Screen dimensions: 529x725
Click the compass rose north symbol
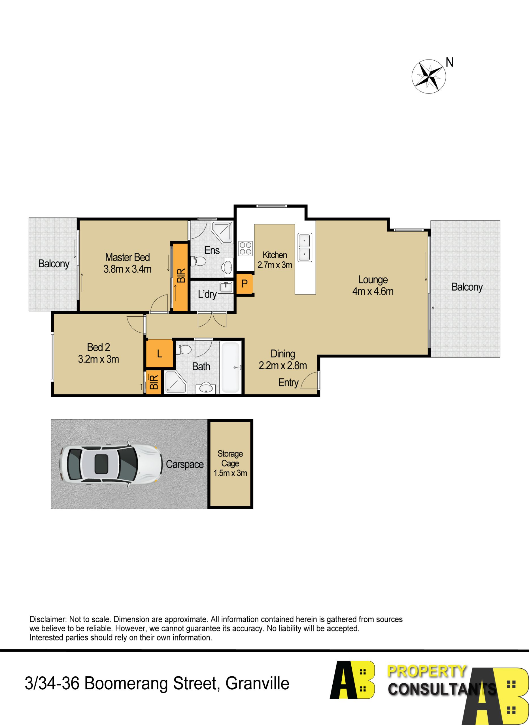click(x=428, y=76)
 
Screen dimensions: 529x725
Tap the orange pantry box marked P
click(x=244, y=283)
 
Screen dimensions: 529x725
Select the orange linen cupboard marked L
click(x=160, y=353)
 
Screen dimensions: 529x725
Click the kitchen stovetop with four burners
click(x=245, y=248)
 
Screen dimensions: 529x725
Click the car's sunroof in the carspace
click(x=101, y=464)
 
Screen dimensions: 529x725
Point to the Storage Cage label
click(x=230, y=459)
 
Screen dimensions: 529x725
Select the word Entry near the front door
click(x=288, y=383)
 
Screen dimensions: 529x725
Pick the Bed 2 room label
click(x=98, y=347)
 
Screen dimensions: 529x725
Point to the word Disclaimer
click(x=48, y=619)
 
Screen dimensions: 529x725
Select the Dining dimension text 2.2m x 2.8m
click(x=283, y=366)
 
